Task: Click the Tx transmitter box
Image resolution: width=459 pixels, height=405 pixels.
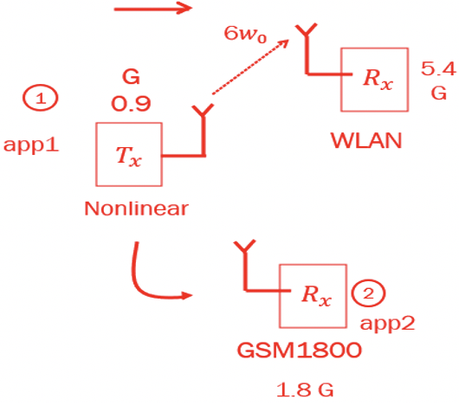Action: tap(127, 155)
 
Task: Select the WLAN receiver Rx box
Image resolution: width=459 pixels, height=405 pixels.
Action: tap(372, 80)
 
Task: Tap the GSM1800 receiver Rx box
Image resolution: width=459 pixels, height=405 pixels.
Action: tap(310, 294)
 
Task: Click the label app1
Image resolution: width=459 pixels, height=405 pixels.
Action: tap(31, 144)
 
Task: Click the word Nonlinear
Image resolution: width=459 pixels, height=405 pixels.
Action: tap(136, 209)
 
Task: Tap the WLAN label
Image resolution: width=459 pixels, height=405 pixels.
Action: tap(366, 140)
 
